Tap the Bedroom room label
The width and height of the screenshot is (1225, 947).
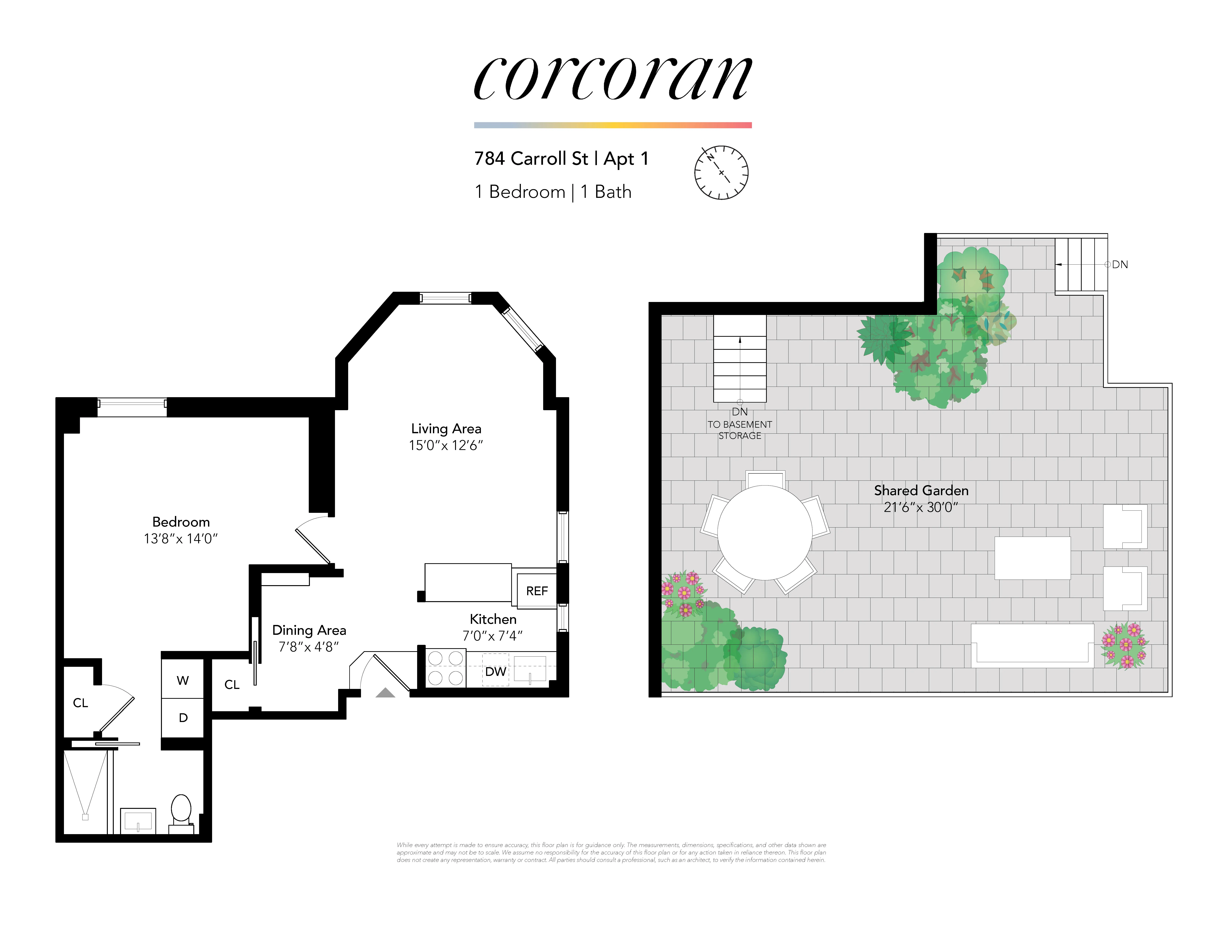click(181, 522)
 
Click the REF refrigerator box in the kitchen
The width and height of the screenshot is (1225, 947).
click(536, 591)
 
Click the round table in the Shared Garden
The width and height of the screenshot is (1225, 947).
click(765, 532)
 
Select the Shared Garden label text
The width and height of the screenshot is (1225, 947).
click(921, 490)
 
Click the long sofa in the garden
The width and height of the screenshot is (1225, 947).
click(1032, 645)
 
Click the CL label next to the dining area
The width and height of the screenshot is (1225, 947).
click(232, 684)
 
